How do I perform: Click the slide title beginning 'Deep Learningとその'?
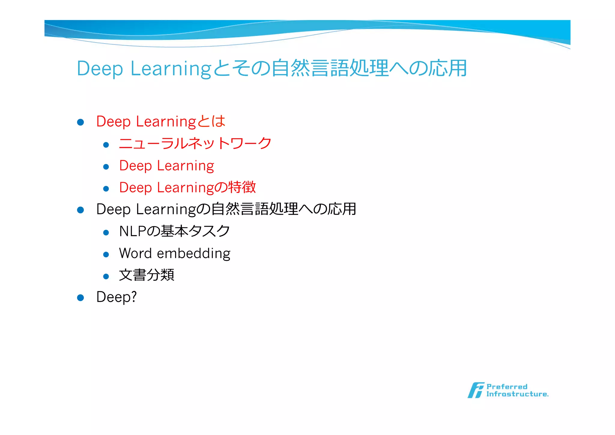271,68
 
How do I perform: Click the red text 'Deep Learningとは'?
161,121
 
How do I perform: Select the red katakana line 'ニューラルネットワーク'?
195,143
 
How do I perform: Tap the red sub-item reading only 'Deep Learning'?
166,166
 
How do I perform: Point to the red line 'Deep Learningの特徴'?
187,188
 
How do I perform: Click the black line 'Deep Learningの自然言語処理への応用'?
226,209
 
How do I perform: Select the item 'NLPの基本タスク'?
174,231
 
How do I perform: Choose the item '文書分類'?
147,275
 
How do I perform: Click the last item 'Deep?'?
117,297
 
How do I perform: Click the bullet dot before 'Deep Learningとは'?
80,122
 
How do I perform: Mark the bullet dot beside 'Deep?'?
80,298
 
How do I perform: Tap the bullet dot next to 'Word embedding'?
106,255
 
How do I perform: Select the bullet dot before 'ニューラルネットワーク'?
106,145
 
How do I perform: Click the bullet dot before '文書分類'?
106,277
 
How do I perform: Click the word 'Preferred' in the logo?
507,387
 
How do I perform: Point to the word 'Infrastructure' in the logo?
517,394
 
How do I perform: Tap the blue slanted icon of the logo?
476,390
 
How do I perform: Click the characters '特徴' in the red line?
242,187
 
